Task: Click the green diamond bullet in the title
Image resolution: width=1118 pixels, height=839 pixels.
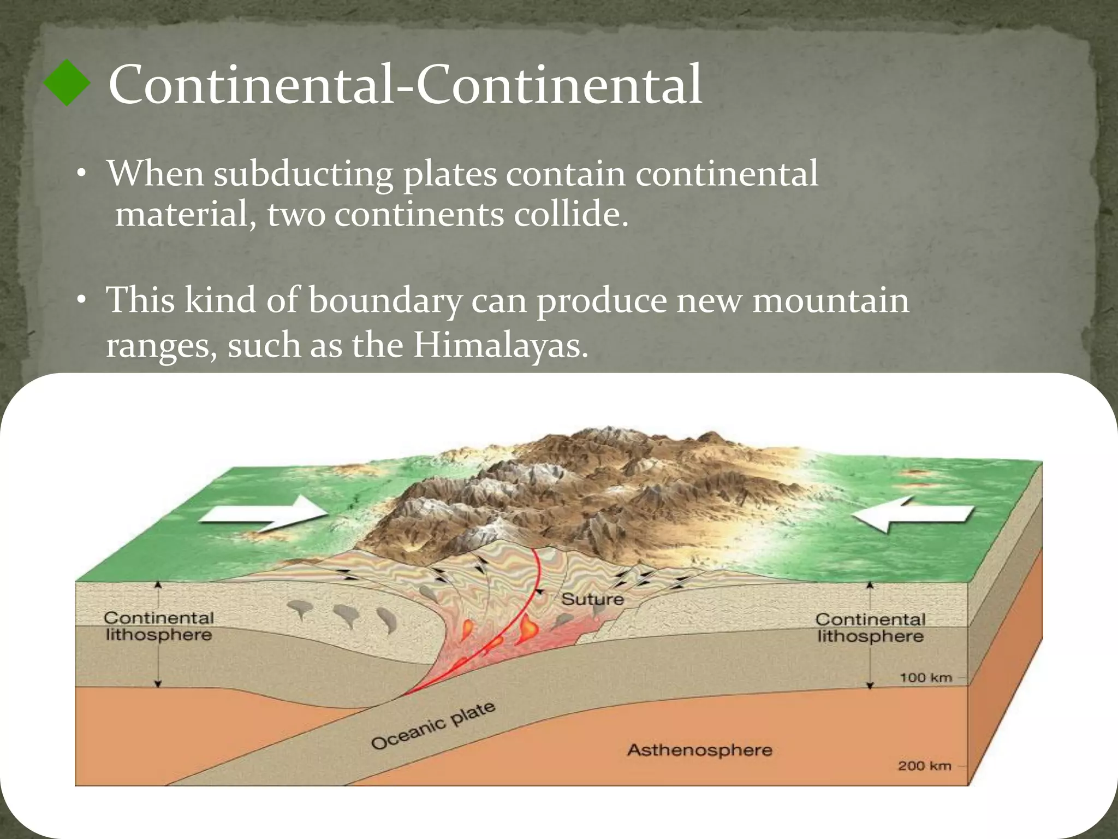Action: click(67, 83)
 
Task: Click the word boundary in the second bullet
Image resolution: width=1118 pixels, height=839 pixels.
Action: click(385, 302)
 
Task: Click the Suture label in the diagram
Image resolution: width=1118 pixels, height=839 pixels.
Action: click(592, 599)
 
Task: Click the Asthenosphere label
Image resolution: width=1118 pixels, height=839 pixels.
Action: click(699, 750)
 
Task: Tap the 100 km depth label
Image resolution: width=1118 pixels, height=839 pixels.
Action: click(925, 678)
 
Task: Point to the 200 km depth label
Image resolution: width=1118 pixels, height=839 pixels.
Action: click(924, 766)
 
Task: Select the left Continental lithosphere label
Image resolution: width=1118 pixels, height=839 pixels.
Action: click(158, 627)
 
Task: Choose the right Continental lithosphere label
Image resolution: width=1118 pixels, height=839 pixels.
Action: click(870, 628)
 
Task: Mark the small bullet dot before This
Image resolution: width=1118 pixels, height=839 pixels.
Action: click(81, 301)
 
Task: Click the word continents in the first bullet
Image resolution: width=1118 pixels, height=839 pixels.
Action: click(419, 214)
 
